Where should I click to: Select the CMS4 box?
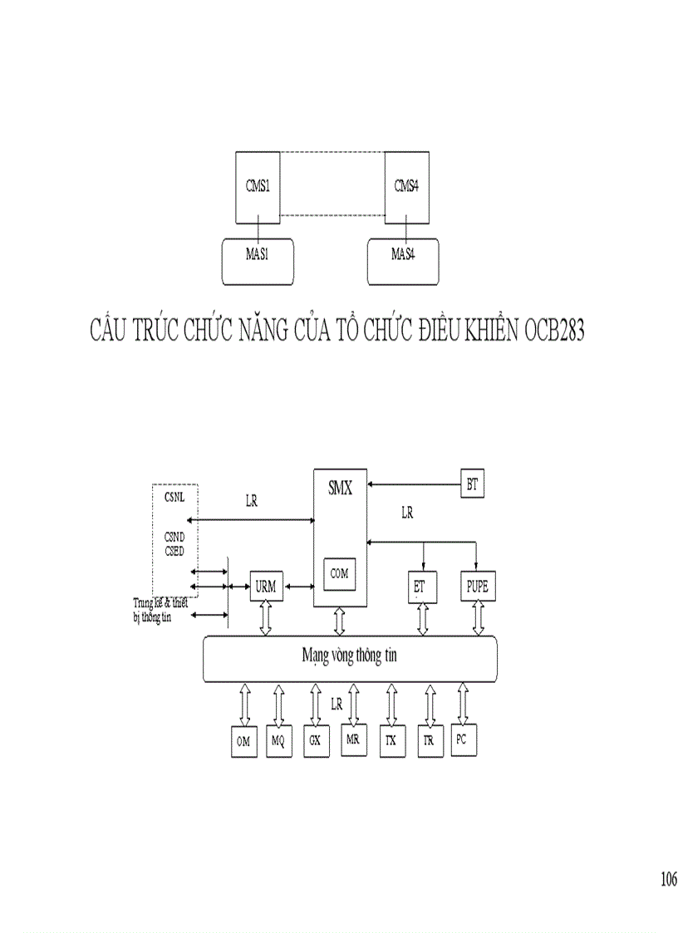406,186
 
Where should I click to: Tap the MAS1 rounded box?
258,255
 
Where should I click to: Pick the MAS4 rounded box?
403,255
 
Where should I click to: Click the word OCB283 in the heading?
555,331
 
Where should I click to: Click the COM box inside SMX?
339,573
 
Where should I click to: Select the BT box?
472,485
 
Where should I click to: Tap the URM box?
266,587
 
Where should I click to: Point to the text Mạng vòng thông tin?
349,656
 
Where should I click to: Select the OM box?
243,742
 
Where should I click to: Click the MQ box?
278,742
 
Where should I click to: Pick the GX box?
314,740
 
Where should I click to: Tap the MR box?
352,740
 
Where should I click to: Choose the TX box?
390,741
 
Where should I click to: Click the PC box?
462,739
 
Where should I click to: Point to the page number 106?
668,880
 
